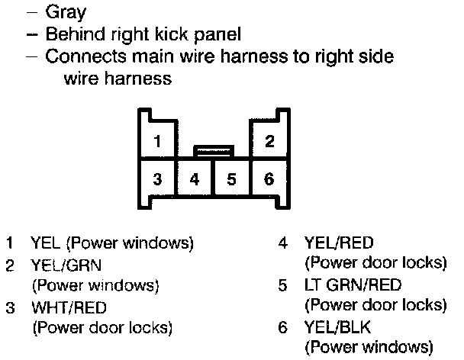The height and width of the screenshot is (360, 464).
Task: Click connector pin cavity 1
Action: [x=156, y=141]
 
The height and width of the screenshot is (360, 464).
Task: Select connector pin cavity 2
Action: [x=269, y=141]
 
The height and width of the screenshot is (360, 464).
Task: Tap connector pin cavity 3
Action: [x=156, y=180]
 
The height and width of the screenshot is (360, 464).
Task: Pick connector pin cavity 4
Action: [x=195, y=180]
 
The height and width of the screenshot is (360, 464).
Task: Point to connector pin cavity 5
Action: [x=231, y=180]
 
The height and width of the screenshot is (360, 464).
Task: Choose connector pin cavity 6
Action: [x=269, y=180]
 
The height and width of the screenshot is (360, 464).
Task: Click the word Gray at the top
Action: [x=66, y=12]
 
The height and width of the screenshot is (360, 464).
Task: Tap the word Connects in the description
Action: [x=80, y=57]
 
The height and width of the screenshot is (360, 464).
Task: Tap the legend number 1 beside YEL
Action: [x=10, y=244]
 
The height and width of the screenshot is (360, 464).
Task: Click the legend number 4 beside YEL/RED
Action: [x=283, y=244]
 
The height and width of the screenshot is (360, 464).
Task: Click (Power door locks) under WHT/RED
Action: [x=101, y=329]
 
